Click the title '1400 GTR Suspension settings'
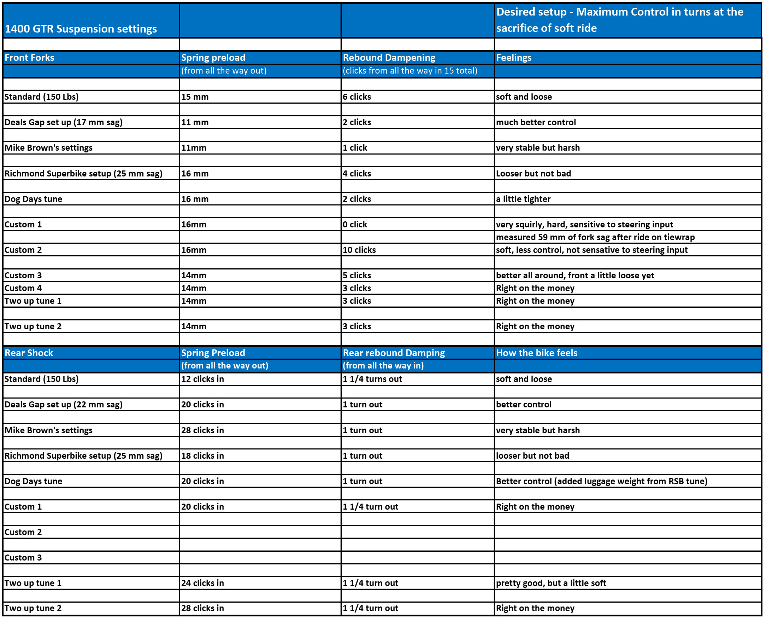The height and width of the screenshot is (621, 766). coord(81,29)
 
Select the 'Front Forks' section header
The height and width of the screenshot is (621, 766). coord(29,58)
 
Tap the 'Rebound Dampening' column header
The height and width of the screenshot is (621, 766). coord(389,58)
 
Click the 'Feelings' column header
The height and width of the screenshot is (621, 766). coord(513,58)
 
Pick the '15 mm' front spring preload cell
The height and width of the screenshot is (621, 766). coord(195,97)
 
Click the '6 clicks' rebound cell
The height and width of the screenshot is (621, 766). coord(357,97)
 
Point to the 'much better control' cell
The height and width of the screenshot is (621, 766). coord(535,122)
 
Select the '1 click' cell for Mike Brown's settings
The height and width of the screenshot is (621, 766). coord(355,148)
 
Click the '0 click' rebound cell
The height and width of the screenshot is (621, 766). coord(355,224)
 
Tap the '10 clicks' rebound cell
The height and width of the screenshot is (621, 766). coord(359,250)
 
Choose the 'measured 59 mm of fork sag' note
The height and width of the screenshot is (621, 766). coord(595,237)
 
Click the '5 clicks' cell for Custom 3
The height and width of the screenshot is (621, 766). coord(357,275)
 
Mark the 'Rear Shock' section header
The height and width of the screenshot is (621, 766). coord(29,353)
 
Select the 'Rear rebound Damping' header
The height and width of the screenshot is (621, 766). coord(394,353)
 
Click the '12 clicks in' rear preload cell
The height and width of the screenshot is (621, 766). coord(202,379)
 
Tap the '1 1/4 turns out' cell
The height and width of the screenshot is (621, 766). coord(372,379)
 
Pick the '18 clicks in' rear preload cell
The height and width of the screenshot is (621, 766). coord(202,455)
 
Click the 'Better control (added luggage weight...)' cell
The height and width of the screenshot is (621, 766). coord(601,481)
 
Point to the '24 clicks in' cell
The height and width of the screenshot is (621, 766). coord(202,583)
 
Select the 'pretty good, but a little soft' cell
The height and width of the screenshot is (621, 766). coord(550,583)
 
